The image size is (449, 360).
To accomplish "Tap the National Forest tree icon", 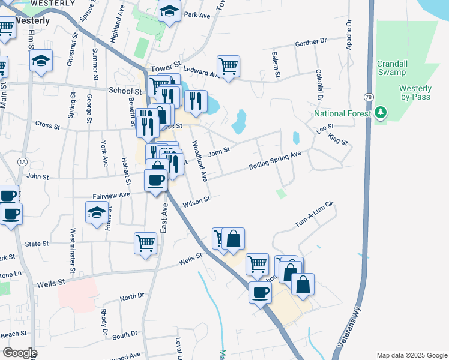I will tap(379, 113).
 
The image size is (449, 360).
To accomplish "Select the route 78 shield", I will tap(367, 97).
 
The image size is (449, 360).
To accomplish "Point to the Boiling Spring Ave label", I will tap(274, 162).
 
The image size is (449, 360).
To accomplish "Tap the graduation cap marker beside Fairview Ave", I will tap(97, 212).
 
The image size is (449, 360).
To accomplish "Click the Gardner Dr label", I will tap(310, 43).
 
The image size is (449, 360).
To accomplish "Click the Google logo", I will tap(19, 353).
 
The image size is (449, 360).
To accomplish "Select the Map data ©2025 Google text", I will tap(411, 355).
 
